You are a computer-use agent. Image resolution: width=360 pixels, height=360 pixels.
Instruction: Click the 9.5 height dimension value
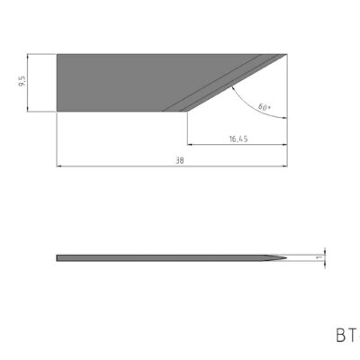click(x=21, y=83)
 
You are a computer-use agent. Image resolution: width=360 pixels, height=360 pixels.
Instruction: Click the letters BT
click(x=344, y=336)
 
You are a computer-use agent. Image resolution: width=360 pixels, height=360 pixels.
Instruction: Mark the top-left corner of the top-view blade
click(x=57, y=54)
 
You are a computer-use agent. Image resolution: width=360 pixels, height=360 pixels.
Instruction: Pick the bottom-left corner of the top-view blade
click(x=57, y=112)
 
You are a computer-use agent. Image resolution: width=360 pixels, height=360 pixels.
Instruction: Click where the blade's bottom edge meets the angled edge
click(x=185, y=112)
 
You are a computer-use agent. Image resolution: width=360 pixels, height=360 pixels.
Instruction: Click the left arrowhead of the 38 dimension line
click(x=59, y=166)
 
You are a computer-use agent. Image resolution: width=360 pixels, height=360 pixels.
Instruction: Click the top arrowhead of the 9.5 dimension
click(x=31, y=57)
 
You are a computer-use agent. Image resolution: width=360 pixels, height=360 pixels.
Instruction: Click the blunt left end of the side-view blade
click(x=58, y=257)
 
